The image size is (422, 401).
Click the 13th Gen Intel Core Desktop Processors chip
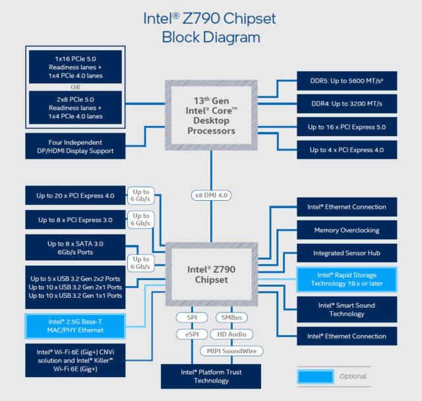(x=210, y=116)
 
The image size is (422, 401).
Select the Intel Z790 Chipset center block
(x=210, y=274)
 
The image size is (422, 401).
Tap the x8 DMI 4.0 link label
(x=210, y=195)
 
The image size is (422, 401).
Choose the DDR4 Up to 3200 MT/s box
(x=347, y=104)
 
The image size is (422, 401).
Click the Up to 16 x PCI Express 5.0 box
(x=347, y=127)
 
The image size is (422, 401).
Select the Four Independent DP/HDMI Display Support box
(x=74, y=146)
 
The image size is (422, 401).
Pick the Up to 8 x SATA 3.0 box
(x=74, y=248)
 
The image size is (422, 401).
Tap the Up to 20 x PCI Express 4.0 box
(x=74, y=196)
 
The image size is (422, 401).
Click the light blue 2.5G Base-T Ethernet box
(x=74, y=326)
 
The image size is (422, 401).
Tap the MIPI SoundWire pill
(x=232, y=351)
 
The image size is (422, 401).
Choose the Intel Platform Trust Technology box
(x=210, y=376)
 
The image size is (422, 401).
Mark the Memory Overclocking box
(x=347, y=230)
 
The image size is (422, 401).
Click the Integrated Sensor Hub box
(x=347, y=253)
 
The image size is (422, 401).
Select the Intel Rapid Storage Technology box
(x=347, y=279)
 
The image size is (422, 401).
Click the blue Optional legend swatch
(x=316, y=377)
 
